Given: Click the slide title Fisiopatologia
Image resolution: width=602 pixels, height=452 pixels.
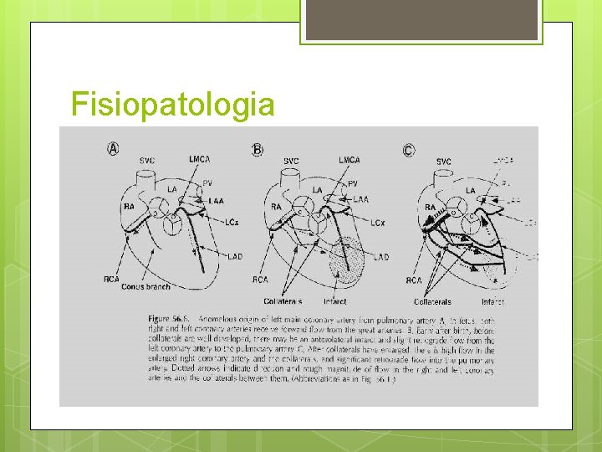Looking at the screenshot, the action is point(173,105).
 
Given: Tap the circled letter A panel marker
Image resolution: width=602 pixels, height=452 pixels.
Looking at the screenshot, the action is point(113,148).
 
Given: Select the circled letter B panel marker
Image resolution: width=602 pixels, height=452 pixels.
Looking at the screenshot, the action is point(258,149).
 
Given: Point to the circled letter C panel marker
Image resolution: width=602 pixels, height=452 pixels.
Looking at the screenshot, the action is point(408,150).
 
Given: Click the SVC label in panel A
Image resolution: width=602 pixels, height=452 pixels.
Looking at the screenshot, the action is point(146,160).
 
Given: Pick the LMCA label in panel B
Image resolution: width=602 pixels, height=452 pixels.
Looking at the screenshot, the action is point(350,159).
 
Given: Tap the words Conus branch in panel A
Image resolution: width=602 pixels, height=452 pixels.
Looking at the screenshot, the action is point(146,286).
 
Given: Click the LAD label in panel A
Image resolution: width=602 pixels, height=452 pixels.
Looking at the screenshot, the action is point(235,257).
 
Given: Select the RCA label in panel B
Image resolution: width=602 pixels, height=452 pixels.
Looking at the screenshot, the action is point(260,280).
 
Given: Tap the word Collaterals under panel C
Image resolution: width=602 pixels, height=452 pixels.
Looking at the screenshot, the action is point(432,301).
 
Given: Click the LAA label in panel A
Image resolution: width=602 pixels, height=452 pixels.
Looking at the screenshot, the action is point(217,200).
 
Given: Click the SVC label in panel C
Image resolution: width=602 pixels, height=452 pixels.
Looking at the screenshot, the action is point(444,162).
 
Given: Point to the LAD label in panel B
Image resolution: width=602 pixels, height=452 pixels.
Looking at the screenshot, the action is point(380,256).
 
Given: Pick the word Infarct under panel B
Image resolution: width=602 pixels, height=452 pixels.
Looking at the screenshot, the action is point(334,301).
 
